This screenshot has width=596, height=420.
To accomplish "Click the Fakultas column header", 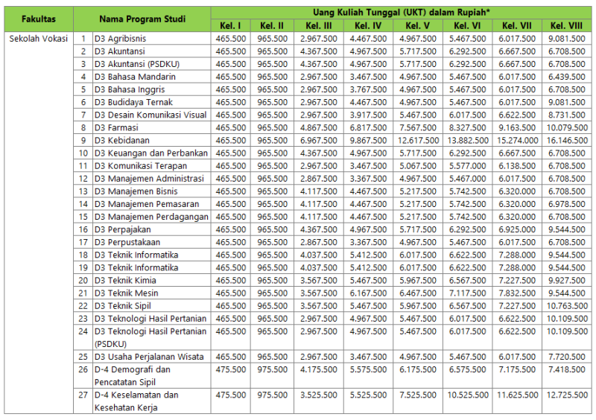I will [38, 19].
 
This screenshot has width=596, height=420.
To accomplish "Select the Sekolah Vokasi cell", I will [38, 38].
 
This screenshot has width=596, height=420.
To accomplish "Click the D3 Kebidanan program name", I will [123, 140].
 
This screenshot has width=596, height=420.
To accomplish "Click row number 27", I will [84, 395].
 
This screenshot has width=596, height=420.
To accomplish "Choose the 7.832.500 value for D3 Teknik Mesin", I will [519, 293].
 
